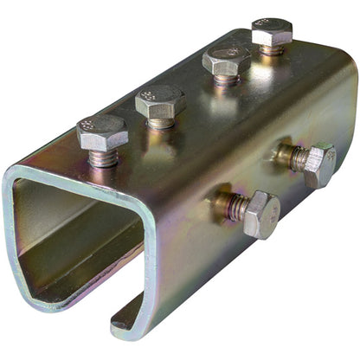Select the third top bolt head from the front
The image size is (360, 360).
(x=226, y=61)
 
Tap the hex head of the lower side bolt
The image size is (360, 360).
(x=260, y=214)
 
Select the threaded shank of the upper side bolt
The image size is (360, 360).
(x=294, y=157)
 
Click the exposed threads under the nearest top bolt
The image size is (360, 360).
(x=103, y=158)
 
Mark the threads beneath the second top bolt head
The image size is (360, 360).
(x=161, y=123)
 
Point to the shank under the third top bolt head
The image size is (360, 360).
(x=226, y=80)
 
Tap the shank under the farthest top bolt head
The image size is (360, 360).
(x=272, y=50)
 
